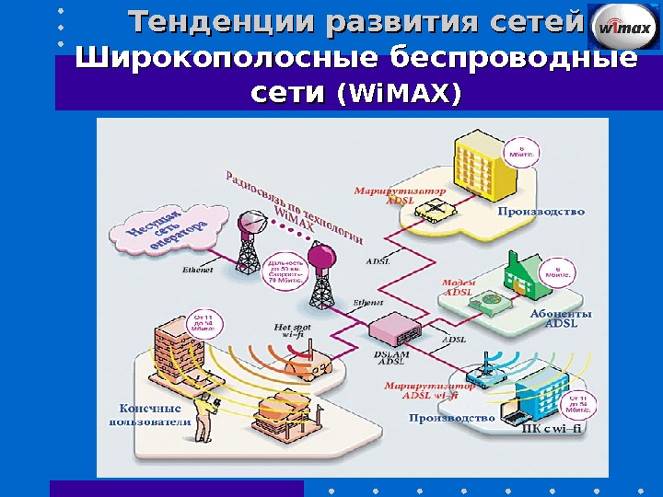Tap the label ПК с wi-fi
pyautogui.click(x=552, y=426)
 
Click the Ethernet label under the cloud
pyautogui.click(x=198, y=271)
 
